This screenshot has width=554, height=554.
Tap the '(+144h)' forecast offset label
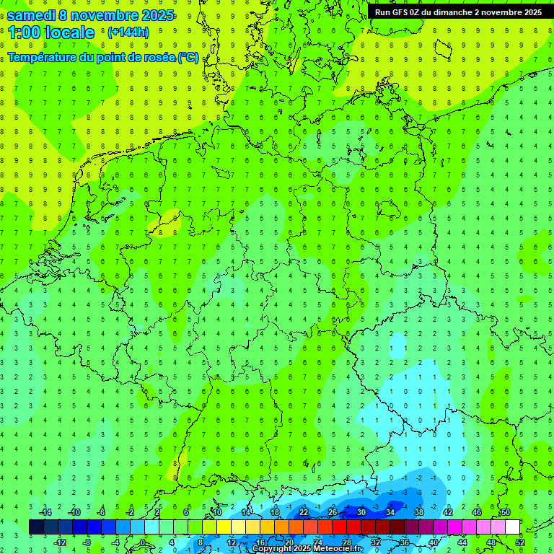(x=128, y=32)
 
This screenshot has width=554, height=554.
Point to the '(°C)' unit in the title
(x=188, y=57)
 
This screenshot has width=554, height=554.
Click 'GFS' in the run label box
(x=405, y=12)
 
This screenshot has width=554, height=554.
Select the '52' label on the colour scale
(x=520, y=542)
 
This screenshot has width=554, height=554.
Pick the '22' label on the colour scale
(x=304, y=512)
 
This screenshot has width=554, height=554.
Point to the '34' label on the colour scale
(x=390, y=512)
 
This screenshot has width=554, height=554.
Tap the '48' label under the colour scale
(x=491, y=542)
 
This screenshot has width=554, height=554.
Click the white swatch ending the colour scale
(x=513, y=527)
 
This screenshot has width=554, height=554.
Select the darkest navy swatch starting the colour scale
(x=36, y=527)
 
